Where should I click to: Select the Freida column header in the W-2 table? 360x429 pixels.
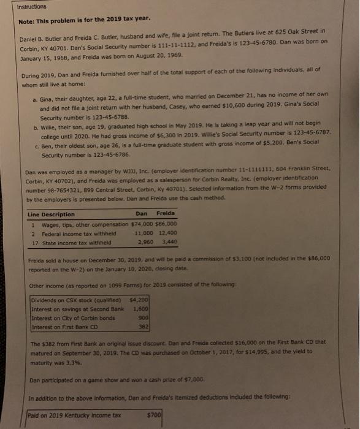(166, 214)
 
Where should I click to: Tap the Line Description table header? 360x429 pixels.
(52, 214)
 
